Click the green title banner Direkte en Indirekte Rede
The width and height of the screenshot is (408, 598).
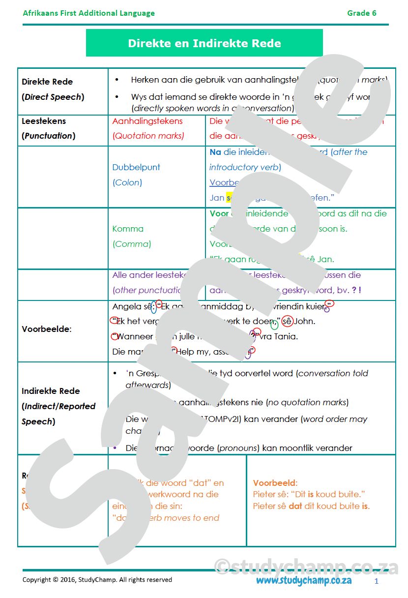(204, 43)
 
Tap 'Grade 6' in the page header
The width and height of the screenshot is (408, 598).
(362, 13)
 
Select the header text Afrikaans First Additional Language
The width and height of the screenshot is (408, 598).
(88, 13)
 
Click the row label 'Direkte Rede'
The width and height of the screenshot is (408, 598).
(47, 82)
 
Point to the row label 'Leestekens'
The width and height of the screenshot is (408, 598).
(44, 121)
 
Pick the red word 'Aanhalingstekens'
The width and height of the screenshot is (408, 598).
(147, 121)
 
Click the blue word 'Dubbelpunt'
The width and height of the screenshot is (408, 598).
(136, 167)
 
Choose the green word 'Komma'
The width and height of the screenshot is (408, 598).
(128, 229)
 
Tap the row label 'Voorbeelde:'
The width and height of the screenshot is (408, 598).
(46, 329)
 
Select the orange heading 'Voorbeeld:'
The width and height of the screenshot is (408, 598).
(275, 483)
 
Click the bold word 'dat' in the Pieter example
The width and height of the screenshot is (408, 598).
(295, 506)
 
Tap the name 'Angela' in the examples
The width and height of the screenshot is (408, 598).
(126, 307)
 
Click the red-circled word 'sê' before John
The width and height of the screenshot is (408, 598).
(287, 322)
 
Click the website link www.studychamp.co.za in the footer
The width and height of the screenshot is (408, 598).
(303, 580)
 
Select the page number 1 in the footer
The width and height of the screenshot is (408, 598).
(376, 581)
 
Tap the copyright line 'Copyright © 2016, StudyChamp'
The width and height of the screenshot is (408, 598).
(97, 580)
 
